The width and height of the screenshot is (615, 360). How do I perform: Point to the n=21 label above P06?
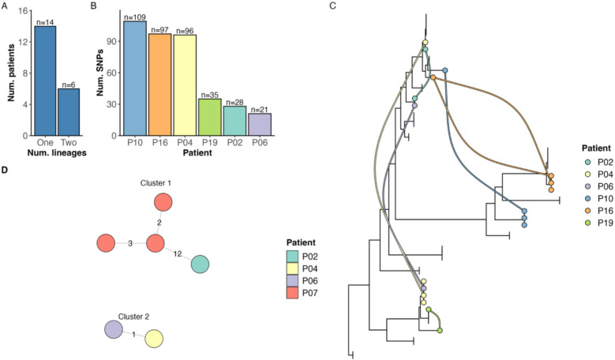[x=259, y=108]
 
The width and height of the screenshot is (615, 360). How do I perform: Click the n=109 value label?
[x=134, y=17]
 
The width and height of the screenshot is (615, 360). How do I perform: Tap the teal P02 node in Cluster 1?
[x=200, y=265]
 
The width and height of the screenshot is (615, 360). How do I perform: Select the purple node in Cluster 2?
[x=114, y=330]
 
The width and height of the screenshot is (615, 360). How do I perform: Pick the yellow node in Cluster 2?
[x=155, y=339]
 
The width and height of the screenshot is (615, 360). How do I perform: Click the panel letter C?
[x=332, y=6]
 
